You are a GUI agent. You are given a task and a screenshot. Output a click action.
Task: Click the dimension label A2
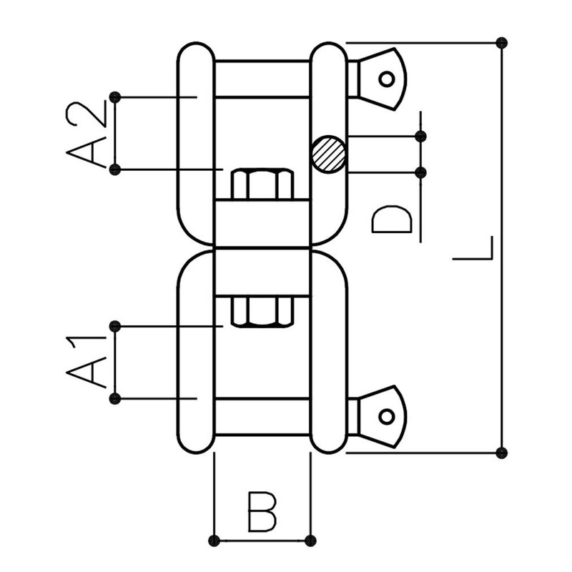point(86,134)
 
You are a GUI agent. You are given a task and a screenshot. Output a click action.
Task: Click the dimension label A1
point(86,362)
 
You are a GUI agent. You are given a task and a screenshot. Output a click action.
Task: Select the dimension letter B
point(262,512)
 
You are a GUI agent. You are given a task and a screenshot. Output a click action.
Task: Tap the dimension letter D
point(391,220)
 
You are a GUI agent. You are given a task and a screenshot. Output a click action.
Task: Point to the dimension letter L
point(473,248)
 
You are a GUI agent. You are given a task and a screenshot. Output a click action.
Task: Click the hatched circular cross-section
point(329,154)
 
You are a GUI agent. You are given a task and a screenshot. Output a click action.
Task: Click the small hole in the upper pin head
point(387,79)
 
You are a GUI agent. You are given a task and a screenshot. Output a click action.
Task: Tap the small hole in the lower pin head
point(387,416)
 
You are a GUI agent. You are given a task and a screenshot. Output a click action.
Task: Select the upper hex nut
point(262,184)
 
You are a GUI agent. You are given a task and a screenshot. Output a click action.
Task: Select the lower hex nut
point(262,312)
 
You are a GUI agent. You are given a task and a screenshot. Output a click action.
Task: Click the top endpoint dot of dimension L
point(502,43)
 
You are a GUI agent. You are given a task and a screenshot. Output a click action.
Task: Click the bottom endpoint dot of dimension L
point(502,453)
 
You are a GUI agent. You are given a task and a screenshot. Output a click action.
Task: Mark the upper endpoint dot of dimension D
point(420,137)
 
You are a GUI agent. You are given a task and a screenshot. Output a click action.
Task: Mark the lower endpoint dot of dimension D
point(420,172)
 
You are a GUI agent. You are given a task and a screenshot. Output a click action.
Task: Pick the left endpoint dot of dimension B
point(214,541)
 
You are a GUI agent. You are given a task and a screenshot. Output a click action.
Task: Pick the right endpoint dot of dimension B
point(310,541)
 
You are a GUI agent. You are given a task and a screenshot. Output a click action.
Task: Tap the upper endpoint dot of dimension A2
point(115,97)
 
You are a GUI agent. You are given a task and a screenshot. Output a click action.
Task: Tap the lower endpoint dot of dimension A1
point(115,399)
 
